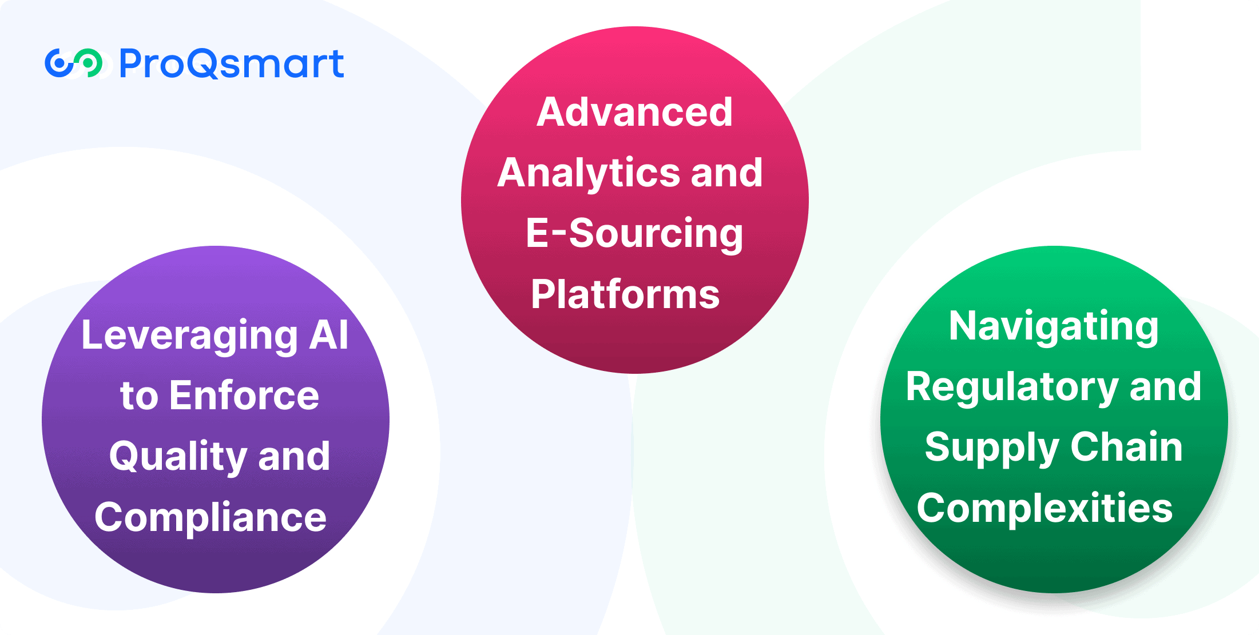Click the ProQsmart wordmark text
pyautogui.click(x=231, y=63)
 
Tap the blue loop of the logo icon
pyautogui.click(x=59, y=63)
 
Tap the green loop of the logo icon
pyautogui.click(x=89, y=62)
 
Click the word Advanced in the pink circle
pyautogui.click(x=634, y=112)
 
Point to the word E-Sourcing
pyautogui.click(x=634, y=233)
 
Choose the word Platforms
pyautogui.click(x=625, y=294)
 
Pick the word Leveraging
pyautogui.click(x=190, y=336)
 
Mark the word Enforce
pyautogui.click(x=244, y=396)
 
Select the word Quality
pyautogui.click(x=178, y=457)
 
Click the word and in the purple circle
pyautogui.click(x=294, y=457)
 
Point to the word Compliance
pyautogui.click(x=211, y=517)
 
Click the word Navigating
pyautogui.click(x=1054, y=327)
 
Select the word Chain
pyautogui.click(x=1126, y=447)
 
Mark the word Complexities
pyautogui.click(x=1044, y=508)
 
